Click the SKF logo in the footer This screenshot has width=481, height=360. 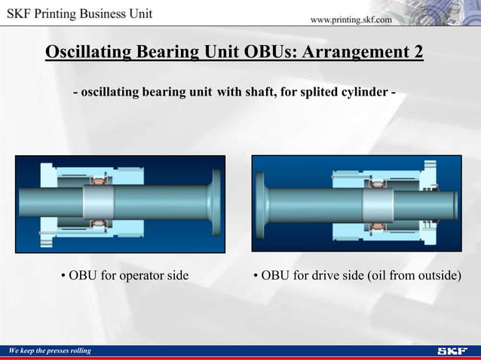452,351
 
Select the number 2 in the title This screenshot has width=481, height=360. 418,52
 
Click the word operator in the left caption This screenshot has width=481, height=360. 127,275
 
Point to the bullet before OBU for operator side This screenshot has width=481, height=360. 64,276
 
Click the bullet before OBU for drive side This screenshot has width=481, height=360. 256,276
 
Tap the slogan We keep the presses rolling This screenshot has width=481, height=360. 50,351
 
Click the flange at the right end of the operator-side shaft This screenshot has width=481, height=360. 216,203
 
